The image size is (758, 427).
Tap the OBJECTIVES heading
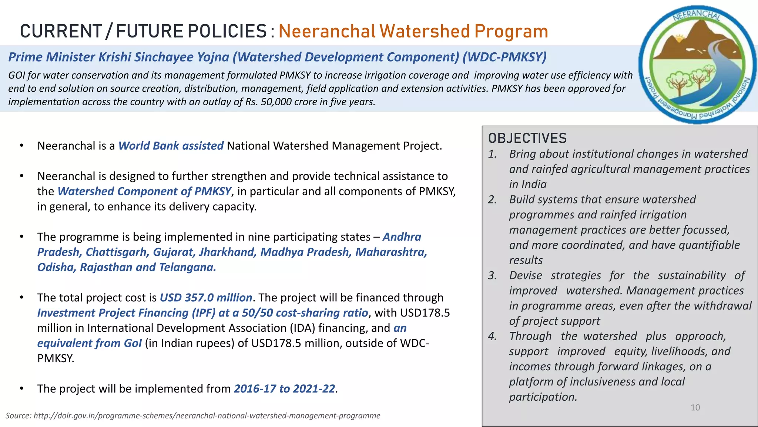coord(527,138)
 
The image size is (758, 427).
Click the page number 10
coord(695,408)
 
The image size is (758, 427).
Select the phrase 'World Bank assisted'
coord(171,146)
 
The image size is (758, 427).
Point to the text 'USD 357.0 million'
coord(206,298)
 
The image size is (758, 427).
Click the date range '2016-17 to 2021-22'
coord(284,388)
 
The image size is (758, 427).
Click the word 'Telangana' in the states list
coord(187,267)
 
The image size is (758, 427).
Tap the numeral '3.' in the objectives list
coord(492,275)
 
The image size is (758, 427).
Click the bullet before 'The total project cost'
coord(22,297)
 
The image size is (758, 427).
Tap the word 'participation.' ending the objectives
coord(543,397)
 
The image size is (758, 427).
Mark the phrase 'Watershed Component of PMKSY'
coord(144,191)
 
